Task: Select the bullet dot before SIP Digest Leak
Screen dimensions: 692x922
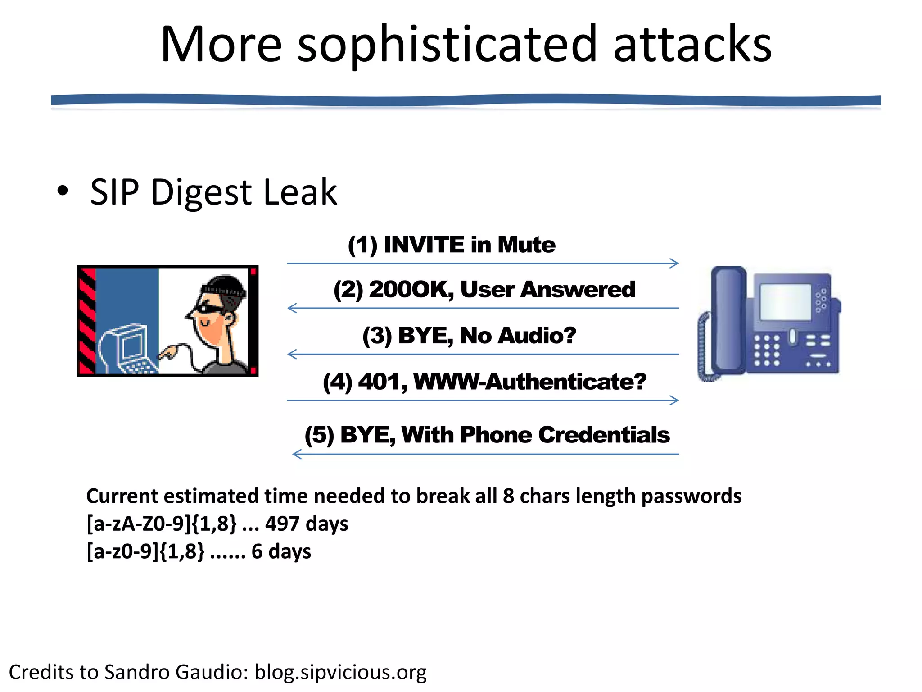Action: [63, 191]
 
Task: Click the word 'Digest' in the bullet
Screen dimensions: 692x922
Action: [202, 193]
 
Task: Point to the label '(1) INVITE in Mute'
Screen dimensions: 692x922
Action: [452, 245]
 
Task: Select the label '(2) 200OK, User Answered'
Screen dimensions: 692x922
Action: [484, 289]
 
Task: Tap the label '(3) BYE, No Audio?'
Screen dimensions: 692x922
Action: [469, 336]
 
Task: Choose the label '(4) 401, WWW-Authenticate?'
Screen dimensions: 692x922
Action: [484, 382]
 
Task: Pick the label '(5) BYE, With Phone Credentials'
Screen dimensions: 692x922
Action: [487, 435]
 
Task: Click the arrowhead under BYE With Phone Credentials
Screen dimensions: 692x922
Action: [297, 454]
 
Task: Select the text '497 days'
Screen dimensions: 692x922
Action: [307, 524]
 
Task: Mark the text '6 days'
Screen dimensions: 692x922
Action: [281, 551]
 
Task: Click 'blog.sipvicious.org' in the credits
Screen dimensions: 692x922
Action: [340, 672]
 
